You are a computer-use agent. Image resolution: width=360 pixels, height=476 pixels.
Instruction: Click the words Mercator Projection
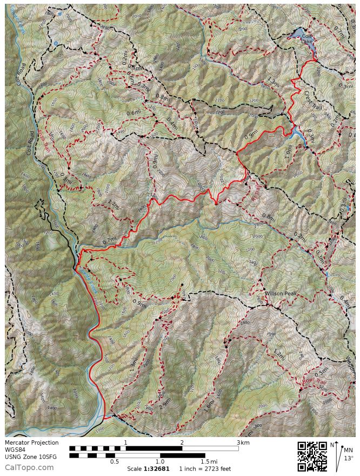click(x=31, y=442)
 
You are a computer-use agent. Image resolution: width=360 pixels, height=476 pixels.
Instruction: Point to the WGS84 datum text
click(x=16, y=449)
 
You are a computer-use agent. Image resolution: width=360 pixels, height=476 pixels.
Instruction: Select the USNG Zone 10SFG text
click(x=30, y=457)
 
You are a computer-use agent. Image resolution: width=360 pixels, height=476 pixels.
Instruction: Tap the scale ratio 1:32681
click(x=157, y=468)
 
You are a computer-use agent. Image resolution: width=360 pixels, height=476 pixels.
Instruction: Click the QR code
click(x=312, y=457)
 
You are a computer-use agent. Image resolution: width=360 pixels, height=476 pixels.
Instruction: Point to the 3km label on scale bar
click(x=243, y=442)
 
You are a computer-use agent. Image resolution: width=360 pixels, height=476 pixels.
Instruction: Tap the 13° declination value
click(x=348, y=458)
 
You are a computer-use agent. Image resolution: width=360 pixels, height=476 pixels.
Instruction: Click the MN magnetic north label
click(x=348, y=449)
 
